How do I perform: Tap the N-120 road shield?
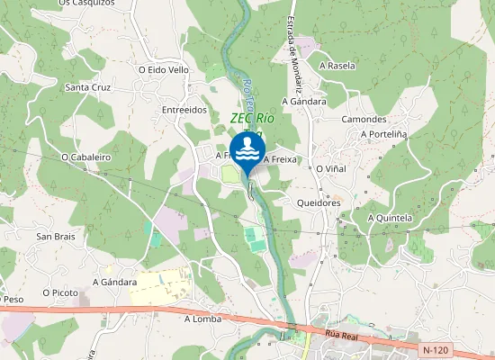(434, 348)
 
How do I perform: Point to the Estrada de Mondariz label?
(293, 55)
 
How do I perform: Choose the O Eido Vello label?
(163, 69)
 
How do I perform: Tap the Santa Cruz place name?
(88, 87)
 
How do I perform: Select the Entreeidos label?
(184, 110)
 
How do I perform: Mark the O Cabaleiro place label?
(85, 157)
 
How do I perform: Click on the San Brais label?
(55, 236)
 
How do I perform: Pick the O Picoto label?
(61, 292)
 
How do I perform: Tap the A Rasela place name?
(337, 66)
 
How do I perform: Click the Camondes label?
(364, 119)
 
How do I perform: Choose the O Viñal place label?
(331, 168)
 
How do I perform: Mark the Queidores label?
(318, 202)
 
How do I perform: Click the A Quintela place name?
(390, 218)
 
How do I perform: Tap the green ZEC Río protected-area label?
(252, 118)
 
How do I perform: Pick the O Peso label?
(13, 299)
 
